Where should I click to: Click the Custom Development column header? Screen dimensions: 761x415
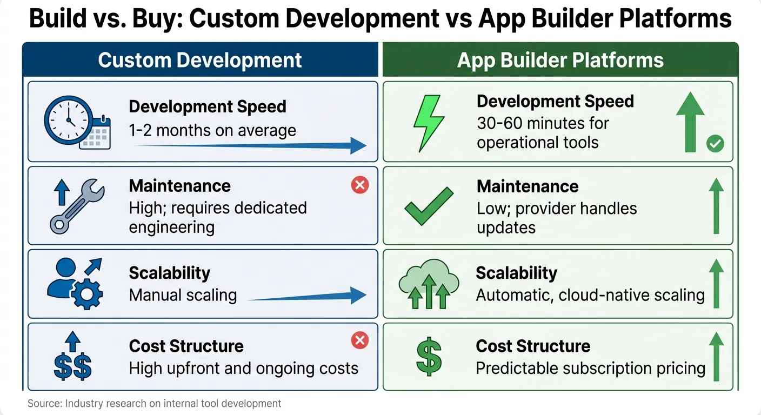(200, 60)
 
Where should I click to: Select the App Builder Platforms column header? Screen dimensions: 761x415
(560, 60)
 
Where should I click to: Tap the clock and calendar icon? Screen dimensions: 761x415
(77, 123)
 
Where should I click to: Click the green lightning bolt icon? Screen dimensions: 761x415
(429, 123)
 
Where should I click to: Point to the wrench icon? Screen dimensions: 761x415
(77, 206)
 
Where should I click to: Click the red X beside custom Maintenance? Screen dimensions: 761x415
(360, 185)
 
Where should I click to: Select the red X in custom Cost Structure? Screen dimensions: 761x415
(360, 340)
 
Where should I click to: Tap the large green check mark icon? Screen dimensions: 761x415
(429, 206)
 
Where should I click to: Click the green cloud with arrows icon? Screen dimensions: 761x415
(429, 284)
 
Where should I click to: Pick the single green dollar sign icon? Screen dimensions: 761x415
(429, 357)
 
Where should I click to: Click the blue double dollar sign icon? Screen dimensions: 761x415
(73, 356)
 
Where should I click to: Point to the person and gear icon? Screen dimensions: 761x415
(75, 284)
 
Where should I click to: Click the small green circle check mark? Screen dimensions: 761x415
(715, 144)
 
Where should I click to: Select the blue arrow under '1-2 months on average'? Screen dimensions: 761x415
(251, 146)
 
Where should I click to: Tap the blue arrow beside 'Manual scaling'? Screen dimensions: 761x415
(306, 296)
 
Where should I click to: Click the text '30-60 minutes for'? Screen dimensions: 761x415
(543, 123)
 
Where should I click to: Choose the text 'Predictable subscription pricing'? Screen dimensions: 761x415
(590, 369)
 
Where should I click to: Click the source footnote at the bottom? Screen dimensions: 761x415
(154, 404)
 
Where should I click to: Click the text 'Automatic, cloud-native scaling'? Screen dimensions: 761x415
(590, 295)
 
